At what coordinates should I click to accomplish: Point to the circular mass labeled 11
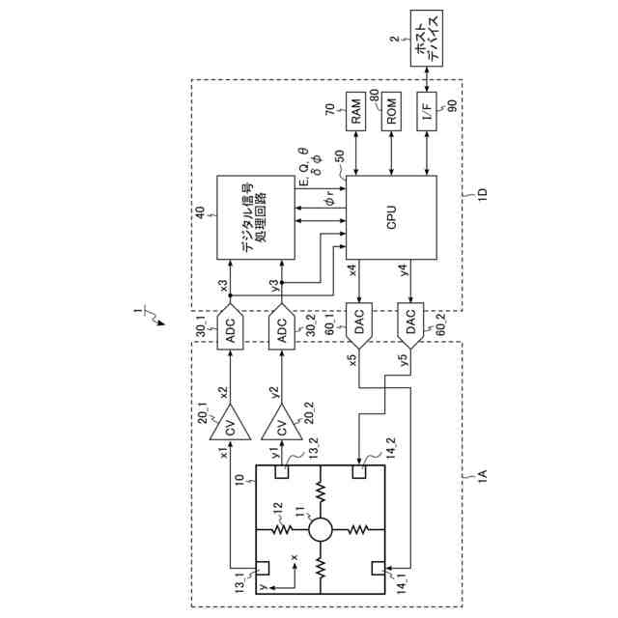click(x=320, y=528)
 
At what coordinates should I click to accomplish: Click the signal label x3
click(x=223, y=286)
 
